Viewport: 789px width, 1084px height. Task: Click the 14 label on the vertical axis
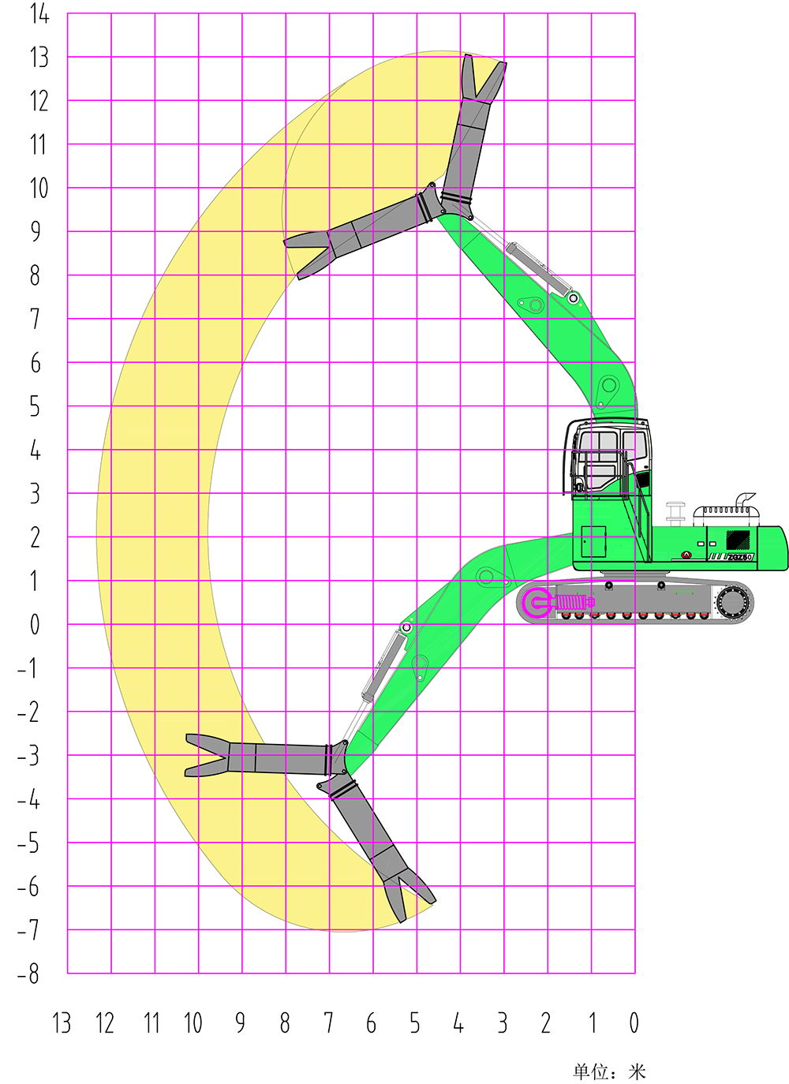(39, 14)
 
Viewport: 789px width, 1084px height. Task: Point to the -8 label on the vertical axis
(28, 974)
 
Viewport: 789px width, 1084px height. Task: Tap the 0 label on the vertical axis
(34, 625)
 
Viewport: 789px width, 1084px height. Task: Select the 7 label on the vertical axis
(35, 320)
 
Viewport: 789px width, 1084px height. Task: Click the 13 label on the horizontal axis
(62, 1023)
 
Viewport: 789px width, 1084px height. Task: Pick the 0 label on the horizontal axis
(634, 1023)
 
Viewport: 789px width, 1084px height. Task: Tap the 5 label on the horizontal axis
(415, 1023)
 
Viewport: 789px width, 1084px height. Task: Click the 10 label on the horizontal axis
(193, 1023)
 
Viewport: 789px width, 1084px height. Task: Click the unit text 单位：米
(609, 1071)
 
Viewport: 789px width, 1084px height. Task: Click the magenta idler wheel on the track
(538, 603)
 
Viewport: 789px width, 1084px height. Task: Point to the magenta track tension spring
(573, 603)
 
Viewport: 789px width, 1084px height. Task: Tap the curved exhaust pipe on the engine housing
(745, 502)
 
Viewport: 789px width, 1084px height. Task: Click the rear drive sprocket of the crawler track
(733, 603)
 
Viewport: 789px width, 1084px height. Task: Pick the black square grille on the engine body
(738, 540)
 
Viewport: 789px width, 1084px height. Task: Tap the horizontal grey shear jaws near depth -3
(208, 756)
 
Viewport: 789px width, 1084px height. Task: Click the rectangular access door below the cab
(593, 542)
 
